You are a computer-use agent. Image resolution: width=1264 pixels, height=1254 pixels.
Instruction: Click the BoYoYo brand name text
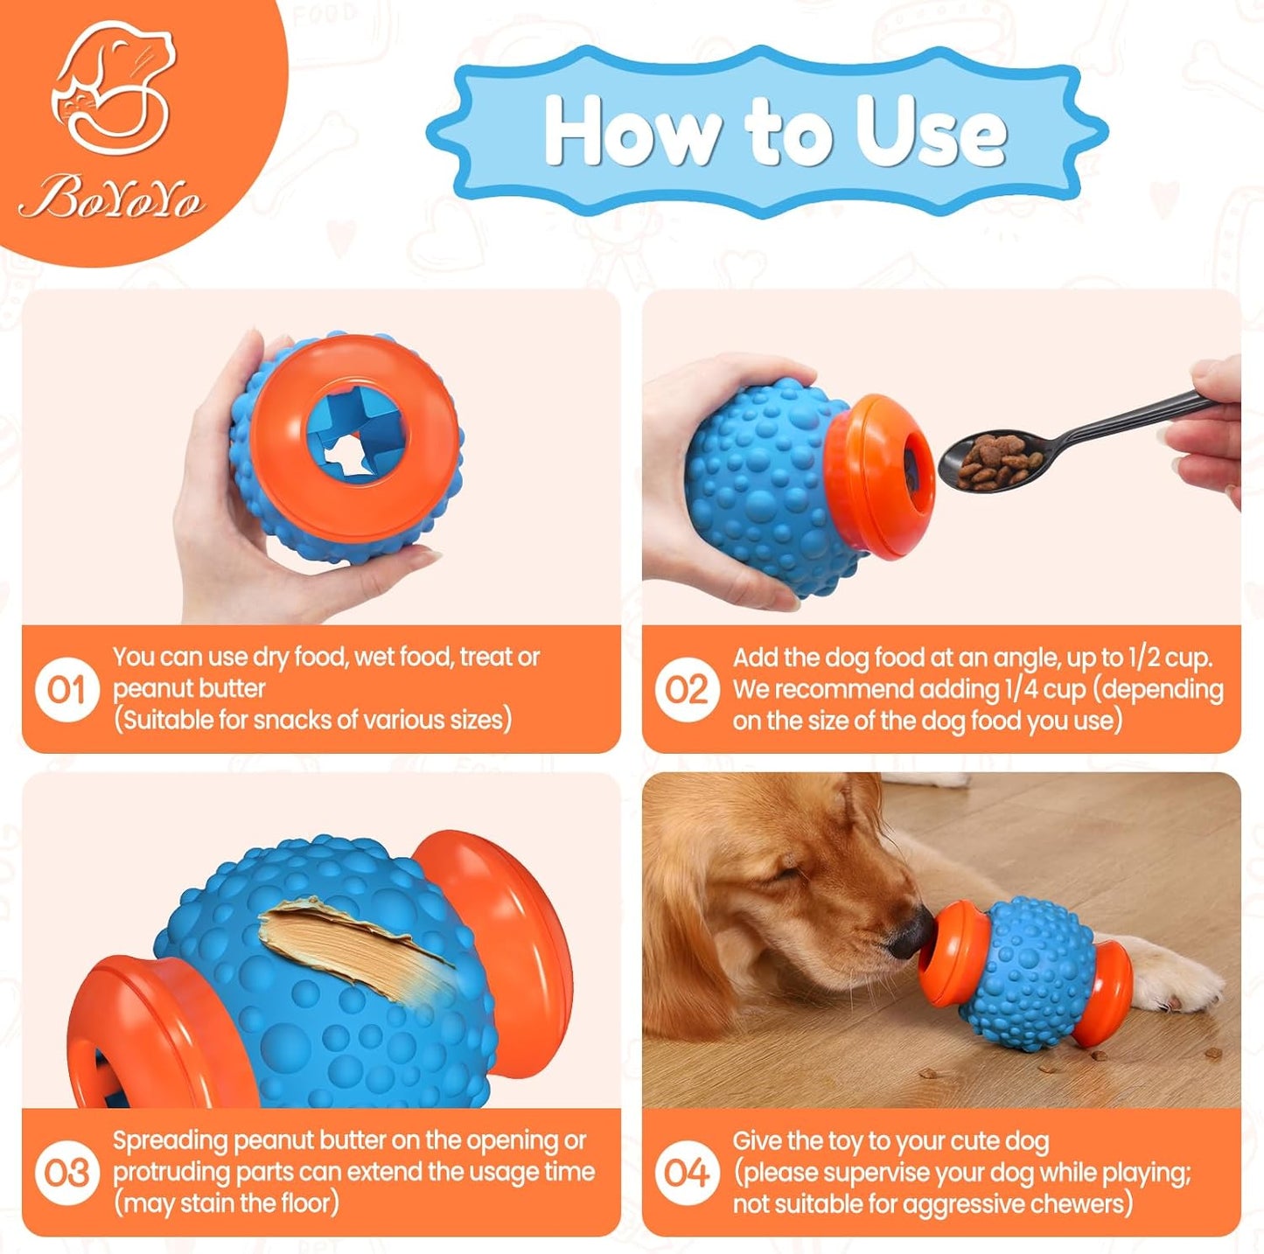(x=112, y=198)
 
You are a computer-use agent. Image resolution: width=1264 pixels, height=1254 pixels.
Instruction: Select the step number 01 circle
(x=66, y=690)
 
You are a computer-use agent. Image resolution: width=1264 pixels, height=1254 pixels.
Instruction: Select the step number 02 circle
(x=686, y=690)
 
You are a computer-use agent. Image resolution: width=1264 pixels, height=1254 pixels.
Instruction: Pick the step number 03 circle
(x=66, y=1173)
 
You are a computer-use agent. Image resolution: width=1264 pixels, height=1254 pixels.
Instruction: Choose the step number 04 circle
(x=686, y=1173)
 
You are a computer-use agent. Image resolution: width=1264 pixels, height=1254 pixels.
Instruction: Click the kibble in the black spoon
(x=993, y=460)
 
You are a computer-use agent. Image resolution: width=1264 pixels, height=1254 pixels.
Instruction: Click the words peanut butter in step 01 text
(x=189, y=689)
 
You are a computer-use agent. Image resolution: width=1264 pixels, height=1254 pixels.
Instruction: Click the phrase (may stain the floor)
(x=226, y=1204)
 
